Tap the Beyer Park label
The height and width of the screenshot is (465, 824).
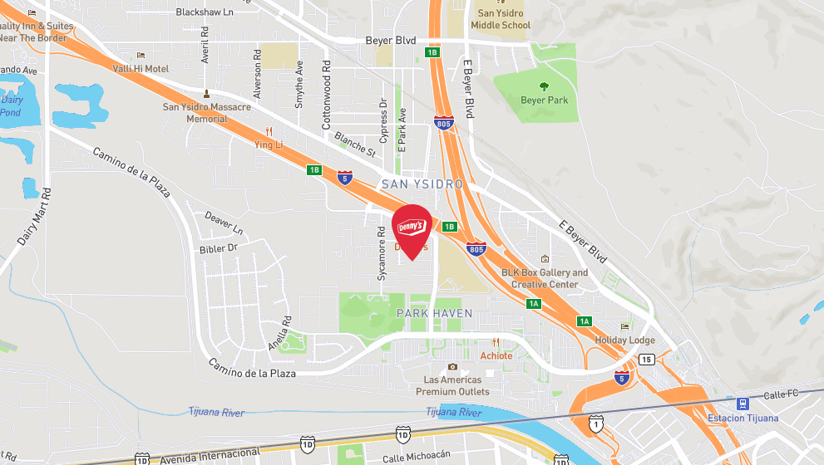pos(544,100)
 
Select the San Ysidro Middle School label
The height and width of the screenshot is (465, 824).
pos(501,19)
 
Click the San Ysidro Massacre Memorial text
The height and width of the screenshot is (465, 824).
pos(206,113)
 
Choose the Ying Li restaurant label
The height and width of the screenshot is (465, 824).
pos(269,144)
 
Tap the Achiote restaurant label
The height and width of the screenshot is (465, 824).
pos(496,355)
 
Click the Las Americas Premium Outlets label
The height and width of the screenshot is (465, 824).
pos(452,385)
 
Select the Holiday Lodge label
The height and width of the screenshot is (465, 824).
pos(624,340)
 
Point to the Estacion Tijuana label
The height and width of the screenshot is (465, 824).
pos(743,418)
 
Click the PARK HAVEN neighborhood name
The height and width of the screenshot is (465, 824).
pos(434,313)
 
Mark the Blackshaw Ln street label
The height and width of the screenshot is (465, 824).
pos(205,12)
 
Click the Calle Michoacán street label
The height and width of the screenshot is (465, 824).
pos(416,457)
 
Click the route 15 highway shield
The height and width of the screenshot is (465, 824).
pos(646,359)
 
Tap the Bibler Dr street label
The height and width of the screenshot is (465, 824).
pos(219,247)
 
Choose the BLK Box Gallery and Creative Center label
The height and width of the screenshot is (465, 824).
pos(544,278)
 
